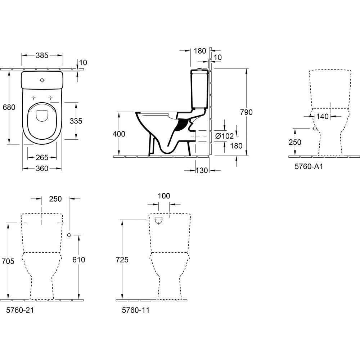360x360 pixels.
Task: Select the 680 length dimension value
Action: (9, 107)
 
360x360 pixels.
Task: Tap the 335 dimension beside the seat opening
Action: (76, 121)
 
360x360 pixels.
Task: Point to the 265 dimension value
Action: (42, 158)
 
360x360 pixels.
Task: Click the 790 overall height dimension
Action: (247, 112)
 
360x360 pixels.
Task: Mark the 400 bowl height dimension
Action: (119, 134)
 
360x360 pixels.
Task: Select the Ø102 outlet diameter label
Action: (225, 136)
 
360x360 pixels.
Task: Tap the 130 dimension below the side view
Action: (202, 170)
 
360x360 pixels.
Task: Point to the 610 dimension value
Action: (79, 260)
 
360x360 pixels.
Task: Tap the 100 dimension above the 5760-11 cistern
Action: (164, 196)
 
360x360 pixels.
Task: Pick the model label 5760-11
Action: (135, 310)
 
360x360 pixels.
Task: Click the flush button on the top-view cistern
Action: (42, 80)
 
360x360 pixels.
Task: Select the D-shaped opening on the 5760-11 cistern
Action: (159, 220)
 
